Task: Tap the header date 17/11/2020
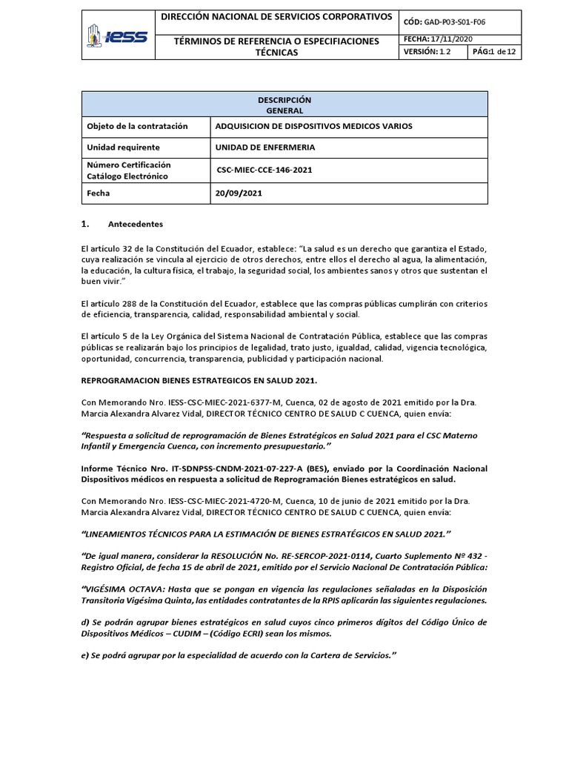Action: tap(454, 39)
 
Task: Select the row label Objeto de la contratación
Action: tap(137, 127)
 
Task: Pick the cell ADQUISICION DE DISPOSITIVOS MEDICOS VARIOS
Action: tap(313, 127)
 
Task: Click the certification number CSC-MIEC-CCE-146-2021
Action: tap(264, 170)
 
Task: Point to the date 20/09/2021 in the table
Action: tap(238, 193)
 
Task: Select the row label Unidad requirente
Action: tap(123, 148)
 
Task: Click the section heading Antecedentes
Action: tap(135, 224)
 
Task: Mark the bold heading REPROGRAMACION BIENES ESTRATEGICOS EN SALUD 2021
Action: tap(199, 381)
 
